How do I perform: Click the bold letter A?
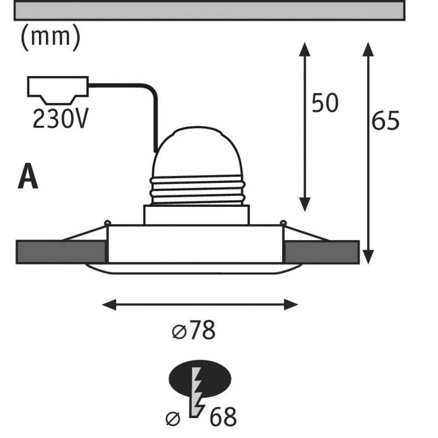click(x=28, y=177)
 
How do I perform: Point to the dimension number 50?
click(x=325, y=104)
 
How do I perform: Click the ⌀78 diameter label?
click(x=194, y=332)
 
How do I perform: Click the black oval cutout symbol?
click(x=200, y=378)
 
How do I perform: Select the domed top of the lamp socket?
click(x=197, y=151)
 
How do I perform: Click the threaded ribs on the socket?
click(x=197, y=191)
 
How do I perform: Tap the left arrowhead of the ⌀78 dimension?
click(x=109, y=304)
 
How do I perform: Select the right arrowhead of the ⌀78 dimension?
click(x=291, y=304)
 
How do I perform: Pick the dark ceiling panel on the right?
click(x=322, y=252)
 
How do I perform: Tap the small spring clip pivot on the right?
click(x=283, y=223)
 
